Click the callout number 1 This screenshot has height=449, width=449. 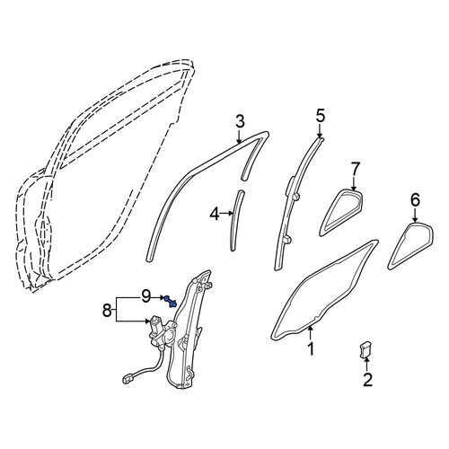click(312, 348)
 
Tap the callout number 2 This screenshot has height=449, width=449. click(367, 380)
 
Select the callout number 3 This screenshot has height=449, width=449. click(240, 121)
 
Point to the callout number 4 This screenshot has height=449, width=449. click(215, 214)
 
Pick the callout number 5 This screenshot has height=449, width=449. click(321, 116)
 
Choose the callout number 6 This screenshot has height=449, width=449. click(415, 200)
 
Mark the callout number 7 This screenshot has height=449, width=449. click(354, 170)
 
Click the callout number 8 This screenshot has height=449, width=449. click(107, 310)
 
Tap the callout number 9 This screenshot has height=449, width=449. click(145, 297)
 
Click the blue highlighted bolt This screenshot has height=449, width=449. click(171, 301)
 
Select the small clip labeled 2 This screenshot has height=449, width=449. click(365, 350)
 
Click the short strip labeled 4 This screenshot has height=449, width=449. click(237, 220)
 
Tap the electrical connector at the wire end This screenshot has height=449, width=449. click(128, 379)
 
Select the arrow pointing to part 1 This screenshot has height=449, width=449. click(311, 333)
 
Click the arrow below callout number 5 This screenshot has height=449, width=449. click(320, 131)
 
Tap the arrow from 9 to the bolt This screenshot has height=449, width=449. click(158, 297)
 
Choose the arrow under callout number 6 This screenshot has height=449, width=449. click(415, 215)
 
